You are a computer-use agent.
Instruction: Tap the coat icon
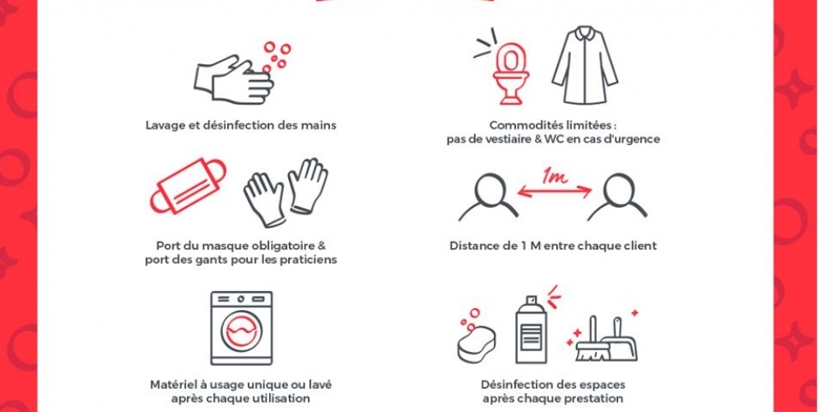[x=584, y=66]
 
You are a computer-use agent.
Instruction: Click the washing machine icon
[x=241, y=328]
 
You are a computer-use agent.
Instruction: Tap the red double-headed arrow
[x=555, y=193]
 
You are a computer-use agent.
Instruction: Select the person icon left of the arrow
[x=488, y=197]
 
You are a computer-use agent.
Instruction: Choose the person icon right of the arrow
[x=617, y=197]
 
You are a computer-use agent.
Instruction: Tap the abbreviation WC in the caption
[x=555, y=140]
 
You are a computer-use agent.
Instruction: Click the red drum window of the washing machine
[x=241, y=330]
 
